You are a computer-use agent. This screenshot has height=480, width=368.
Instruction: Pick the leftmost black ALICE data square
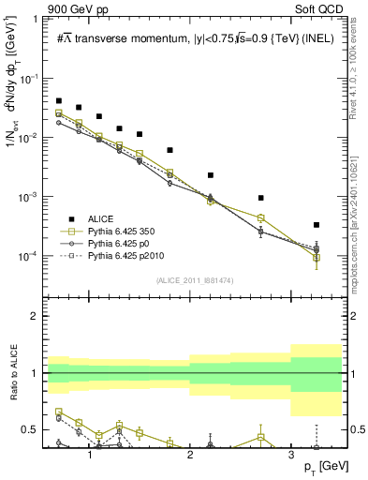59,100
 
